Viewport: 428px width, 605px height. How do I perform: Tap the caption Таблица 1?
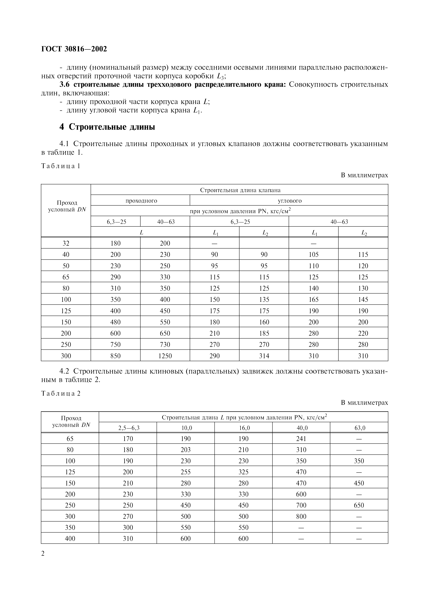[x=61, y=166]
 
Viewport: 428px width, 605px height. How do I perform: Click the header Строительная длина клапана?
[x=240, y=190]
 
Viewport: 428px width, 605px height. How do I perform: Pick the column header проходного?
[x=141, y=201]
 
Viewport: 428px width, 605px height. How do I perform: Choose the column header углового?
[x=290, y=201]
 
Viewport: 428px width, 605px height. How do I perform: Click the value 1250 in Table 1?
[x=165, y=356]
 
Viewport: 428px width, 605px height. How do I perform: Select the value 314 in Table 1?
[x=264, y=356]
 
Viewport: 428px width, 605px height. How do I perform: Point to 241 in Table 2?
[x=301, y=439]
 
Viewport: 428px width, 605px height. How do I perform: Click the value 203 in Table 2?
[x=186, y=450]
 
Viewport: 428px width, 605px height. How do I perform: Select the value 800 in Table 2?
[x=301, y=517]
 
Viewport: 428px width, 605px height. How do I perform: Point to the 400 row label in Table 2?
[x=70, y=539]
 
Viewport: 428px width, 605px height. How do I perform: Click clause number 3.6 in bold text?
[x=65, y=85]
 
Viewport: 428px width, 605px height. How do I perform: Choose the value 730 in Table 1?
[x=165, y=345]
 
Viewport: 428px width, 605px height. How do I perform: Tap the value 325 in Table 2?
[x=243, y=472]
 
